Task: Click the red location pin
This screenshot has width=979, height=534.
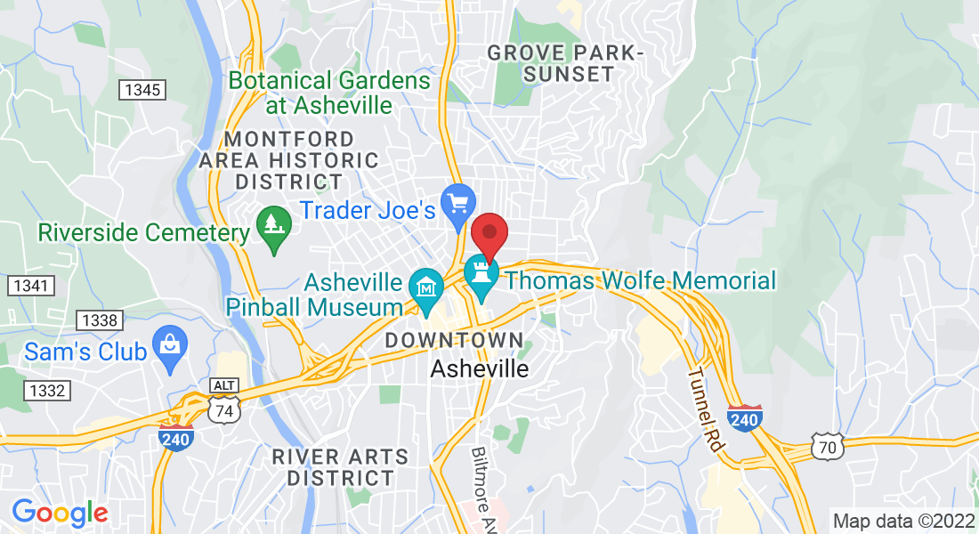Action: pyautogui.click(x=489, y=234)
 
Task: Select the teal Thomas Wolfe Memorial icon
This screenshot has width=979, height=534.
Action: pyautogui.click(x=481, y=274)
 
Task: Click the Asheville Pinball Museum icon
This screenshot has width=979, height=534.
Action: pyautogui.click(x=426, y=287)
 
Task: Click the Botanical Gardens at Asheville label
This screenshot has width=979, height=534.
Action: pyautogui.click(x=329, y=93)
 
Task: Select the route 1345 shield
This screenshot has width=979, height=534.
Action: pyautogui.click(x=142, y=89)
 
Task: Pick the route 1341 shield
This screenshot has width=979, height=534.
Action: pyautogui.click(x=31, y=286)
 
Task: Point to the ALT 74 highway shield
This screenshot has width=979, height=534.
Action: pyautogui.click(x=222, y=398)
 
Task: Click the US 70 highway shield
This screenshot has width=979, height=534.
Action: pyautogui.click(x=828, y=447)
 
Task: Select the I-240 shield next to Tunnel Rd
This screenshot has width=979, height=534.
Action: pyautogui.click(x=744, y=418)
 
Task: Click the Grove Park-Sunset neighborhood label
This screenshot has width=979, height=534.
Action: pyautogui.click(x=565, y=64)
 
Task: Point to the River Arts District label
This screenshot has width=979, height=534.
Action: pyautogui.click(x=340, y=467)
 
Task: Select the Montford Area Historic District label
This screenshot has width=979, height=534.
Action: pyautogui.click(x=289, y=161)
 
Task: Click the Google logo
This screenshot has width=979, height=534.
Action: pyautogui.click(x=60, y=513)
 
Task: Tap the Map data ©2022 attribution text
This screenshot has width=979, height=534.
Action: pyautogui.click(x=903, y=521)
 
